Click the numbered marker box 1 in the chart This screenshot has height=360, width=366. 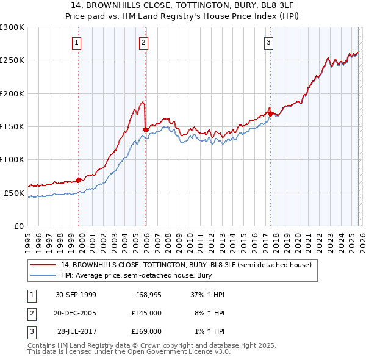coord(77,43)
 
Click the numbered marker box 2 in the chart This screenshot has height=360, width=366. coord(143,43)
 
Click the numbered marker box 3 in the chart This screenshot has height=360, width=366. coord(268,43)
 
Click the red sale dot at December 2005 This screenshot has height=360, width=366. coord(145,129)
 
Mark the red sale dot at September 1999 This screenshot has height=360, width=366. coord(79,180)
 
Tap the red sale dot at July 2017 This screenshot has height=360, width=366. coord(270,113)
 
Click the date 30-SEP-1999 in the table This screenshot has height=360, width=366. coord(76,295)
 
